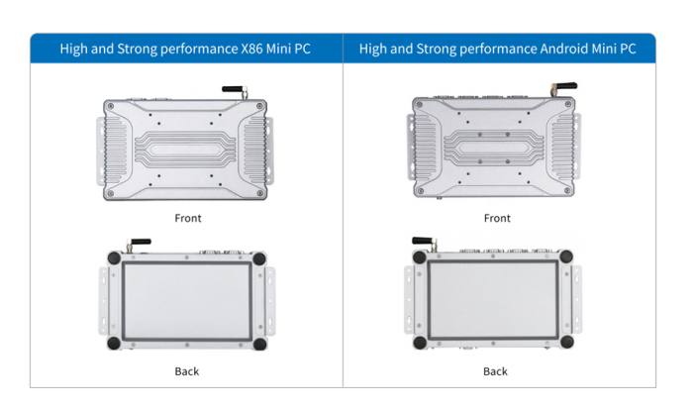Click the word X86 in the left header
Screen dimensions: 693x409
(251, 49)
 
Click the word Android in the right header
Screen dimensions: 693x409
(564, 49)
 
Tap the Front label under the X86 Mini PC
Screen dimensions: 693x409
(188, 218)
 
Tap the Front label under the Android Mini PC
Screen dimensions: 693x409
(497, 218)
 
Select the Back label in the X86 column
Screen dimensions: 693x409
(187, 371)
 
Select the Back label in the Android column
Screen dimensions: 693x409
(495, 371)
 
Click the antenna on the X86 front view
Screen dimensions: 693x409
(236, 91)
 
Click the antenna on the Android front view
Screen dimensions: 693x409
(563, 87)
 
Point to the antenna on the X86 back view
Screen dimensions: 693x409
(139, 244)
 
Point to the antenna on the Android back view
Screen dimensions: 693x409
(425, 243)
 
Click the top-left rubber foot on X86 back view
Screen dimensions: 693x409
(115, 258)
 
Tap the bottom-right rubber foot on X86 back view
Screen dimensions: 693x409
(259, 343)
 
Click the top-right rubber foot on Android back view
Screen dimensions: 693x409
(566, 256)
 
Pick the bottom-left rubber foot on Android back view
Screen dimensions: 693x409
(420, 342)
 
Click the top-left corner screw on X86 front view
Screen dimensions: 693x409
(111, 106)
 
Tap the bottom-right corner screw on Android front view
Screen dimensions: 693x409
(567, 190)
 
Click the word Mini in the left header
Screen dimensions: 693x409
(278, 49)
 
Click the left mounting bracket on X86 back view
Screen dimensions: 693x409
(103, 301)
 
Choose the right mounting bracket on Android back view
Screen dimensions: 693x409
(577, 299)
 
